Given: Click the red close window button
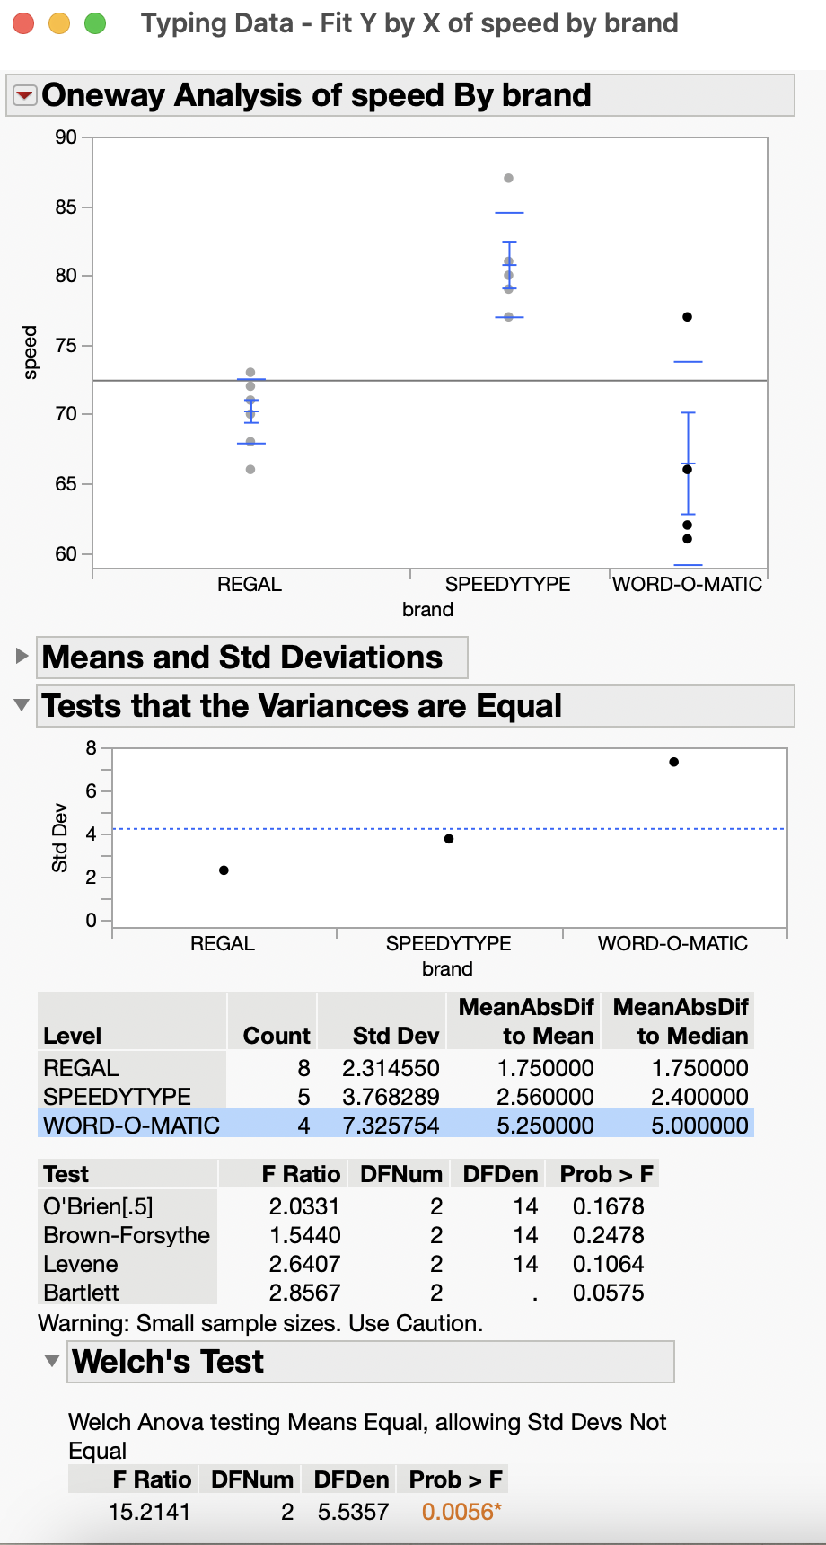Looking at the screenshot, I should [23, 23].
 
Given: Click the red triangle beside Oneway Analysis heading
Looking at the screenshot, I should [25, 95].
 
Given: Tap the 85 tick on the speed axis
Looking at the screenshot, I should [66, 207].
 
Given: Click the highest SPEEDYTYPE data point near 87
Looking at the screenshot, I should [509, 179].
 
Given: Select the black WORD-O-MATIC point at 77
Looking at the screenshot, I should [687, 317].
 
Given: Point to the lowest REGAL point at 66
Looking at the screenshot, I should [250, 470].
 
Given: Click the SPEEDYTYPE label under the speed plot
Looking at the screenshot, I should [507, 584].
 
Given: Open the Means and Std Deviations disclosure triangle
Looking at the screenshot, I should [22, 657].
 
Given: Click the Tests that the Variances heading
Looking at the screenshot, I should [302, 706].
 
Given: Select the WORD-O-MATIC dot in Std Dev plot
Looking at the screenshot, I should [673, 762].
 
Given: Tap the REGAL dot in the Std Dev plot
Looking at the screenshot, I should [224, 870].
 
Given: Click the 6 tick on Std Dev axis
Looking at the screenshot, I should [91, 791].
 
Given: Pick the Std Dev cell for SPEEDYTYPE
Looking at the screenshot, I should [391, 1097].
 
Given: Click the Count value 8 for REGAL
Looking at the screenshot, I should [303, 1068].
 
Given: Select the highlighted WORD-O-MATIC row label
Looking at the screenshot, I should [131, 1126].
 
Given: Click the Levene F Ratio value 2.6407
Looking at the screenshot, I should [304, 1264].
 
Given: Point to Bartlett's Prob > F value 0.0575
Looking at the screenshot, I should [608, 1293].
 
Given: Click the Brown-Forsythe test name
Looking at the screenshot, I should [126, 1235].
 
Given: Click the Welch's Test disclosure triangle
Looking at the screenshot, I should [52, 1361].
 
